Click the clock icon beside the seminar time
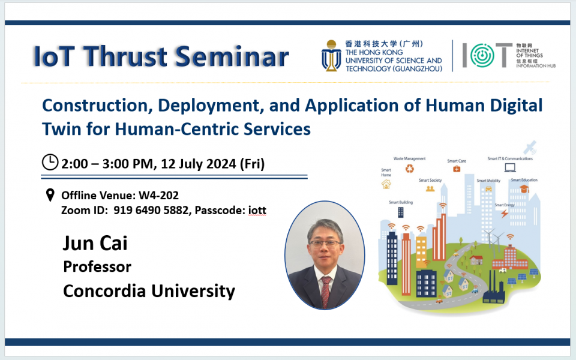(50, 163)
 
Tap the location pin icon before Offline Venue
(50, 195)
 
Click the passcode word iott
(257, 211)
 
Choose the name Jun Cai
(95, 244)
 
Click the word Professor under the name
(97, 266)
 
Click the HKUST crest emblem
(331, 56)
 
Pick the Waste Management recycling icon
(410, 169)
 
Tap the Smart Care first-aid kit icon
(457, 170)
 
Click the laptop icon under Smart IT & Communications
(510, 168)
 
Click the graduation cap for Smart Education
(524, 189)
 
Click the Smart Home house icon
(386, 184)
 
